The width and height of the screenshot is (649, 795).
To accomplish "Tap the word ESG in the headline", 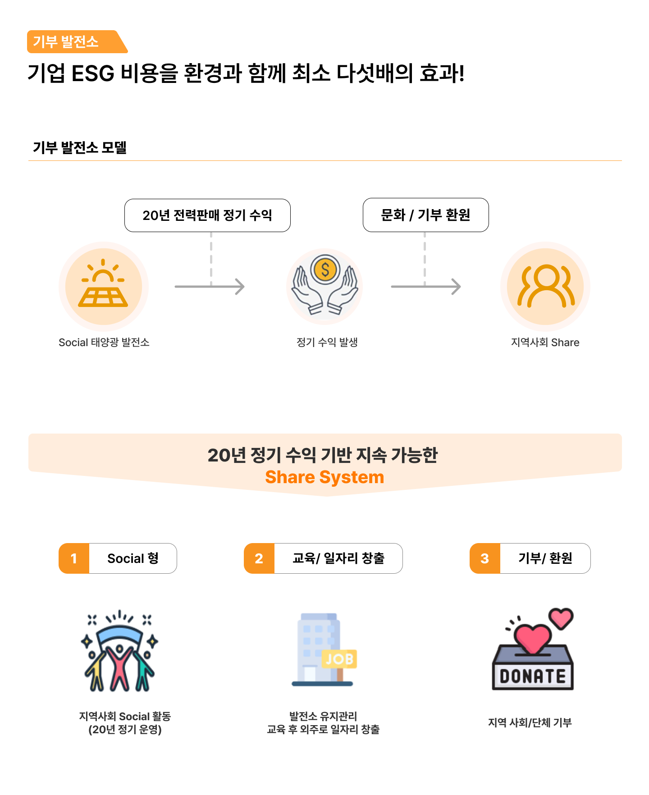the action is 93,73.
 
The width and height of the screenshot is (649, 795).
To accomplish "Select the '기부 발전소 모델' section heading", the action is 80,147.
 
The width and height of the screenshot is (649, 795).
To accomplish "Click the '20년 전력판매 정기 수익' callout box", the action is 207,215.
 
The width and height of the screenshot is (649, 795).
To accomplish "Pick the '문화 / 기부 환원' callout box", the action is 425,215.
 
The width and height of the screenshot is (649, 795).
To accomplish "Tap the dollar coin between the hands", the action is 325,270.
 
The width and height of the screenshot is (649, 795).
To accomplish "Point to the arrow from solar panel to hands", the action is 210,287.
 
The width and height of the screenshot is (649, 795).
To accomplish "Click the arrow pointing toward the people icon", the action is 426,287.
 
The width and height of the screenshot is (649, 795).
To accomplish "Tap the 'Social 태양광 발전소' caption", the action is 104,343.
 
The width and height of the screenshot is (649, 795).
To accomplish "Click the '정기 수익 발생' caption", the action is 327,343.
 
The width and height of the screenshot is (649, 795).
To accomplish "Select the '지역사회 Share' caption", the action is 545,343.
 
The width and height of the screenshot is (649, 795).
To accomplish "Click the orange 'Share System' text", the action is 324,477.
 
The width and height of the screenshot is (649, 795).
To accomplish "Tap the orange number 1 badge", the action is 74,558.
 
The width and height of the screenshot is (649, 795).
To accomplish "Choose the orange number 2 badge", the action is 259,558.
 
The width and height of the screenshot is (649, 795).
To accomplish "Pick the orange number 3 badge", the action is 485,558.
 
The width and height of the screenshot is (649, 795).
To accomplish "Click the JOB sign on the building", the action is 340,659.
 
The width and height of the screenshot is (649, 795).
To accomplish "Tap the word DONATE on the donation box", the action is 533,676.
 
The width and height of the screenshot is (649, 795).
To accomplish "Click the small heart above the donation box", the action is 561,618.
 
